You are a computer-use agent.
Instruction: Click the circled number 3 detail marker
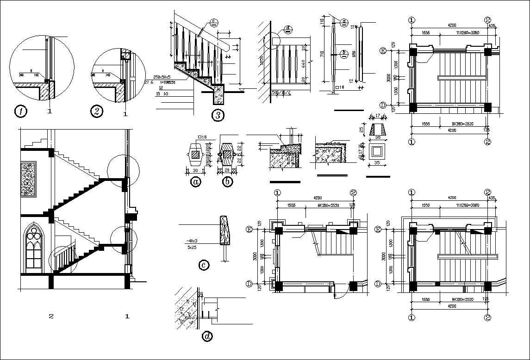[x=218, y=115]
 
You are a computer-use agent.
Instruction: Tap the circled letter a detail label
[x=196, y=182]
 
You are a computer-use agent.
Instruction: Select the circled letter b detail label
[x=227, y=182]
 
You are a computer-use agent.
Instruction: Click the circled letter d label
[x=208, y=336]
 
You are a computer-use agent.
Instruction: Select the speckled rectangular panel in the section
[x=28, y=178]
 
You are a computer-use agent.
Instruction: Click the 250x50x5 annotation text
[x=162, y=77]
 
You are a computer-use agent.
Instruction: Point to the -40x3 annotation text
[x=191, y=241]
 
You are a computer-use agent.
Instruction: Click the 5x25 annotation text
[x=191, y=248]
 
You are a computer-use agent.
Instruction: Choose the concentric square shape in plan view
[x=378, y=150]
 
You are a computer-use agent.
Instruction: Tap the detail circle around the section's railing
[x=64, y=260]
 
